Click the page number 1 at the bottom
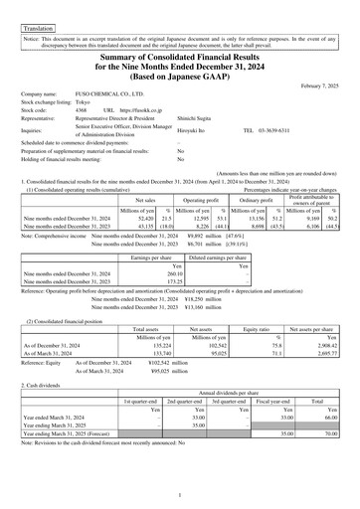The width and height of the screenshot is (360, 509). [180, 494]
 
